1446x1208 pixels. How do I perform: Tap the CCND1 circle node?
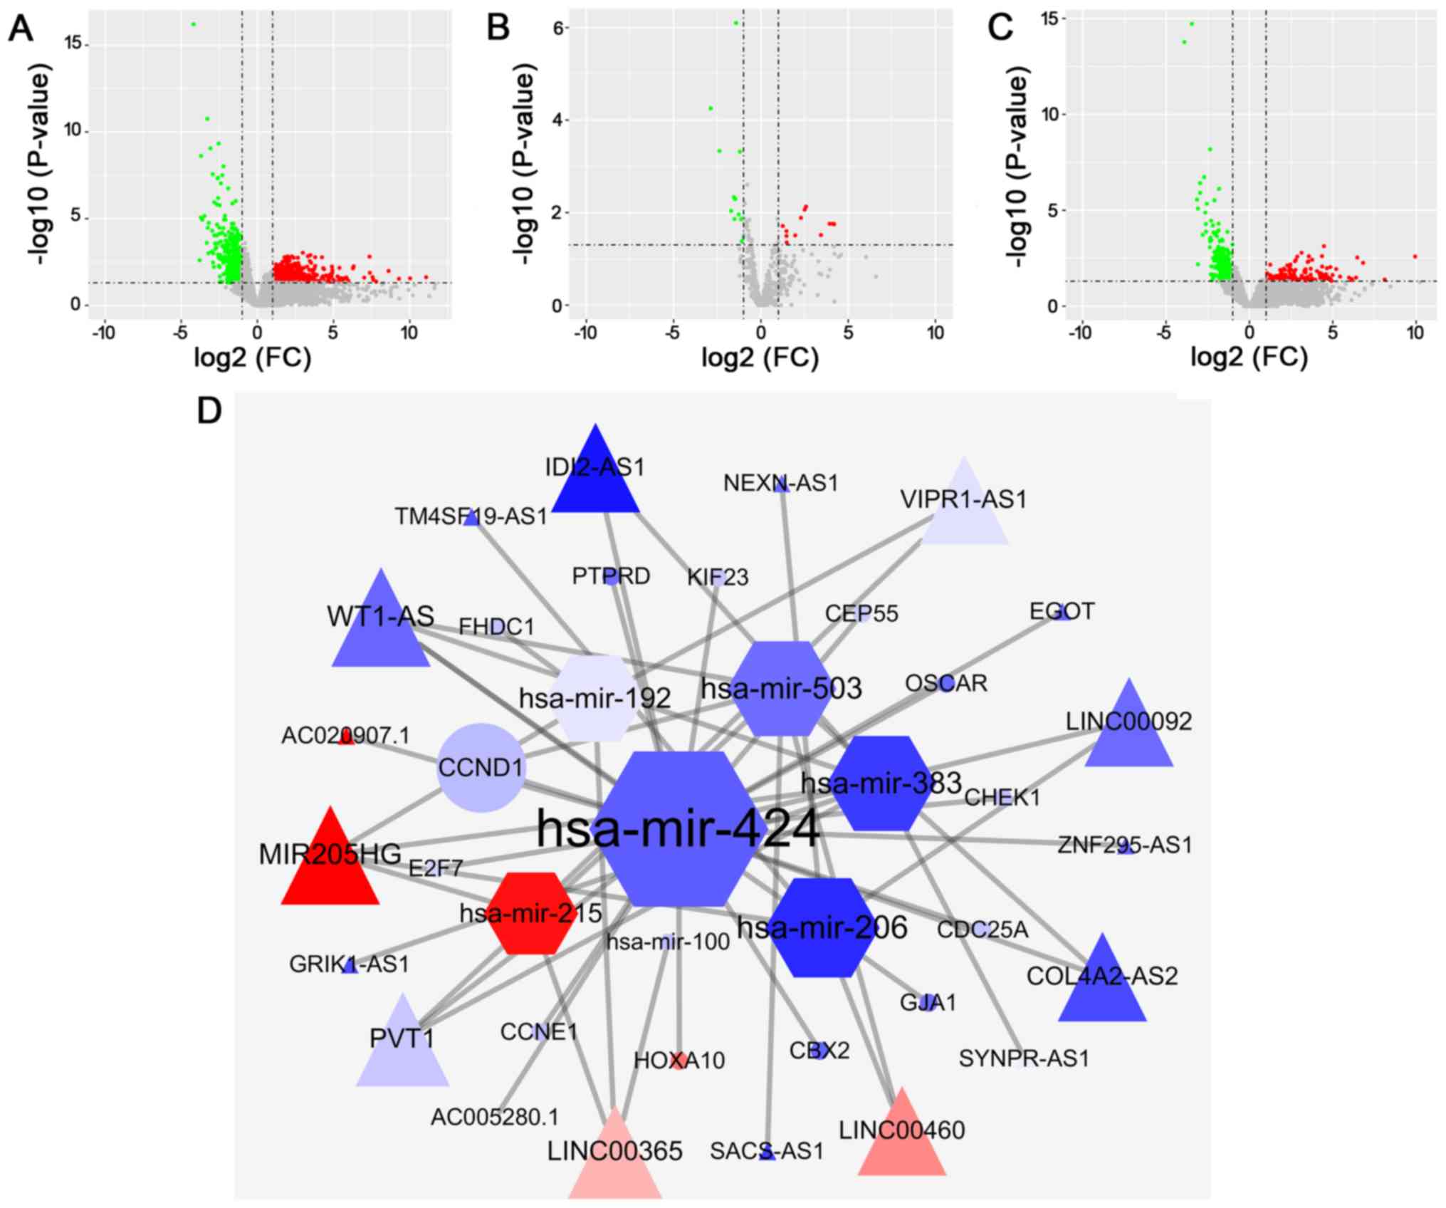[x=481, y=768]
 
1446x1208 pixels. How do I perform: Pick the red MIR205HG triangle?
[x=330, y=865]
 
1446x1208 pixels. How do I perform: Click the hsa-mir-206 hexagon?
[x=823, y=927]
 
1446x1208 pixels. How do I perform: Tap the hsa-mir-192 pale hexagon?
[x=594, y=698]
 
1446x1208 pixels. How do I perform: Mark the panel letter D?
[x=209, y=411]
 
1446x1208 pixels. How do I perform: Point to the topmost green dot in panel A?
[x=193, y=24]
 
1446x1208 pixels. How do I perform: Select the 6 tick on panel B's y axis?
[x=559, y=27]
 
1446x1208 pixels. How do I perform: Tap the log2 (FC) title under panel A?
[x=253, y=357]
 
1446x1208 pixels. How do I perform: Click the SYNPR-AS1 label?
[x=1023, y=1059]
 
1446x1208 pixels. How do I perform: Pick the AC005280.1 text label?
[x=495, y=1117]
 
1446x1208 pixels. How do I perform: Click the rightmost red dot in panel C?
[x=1415, y=256]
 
